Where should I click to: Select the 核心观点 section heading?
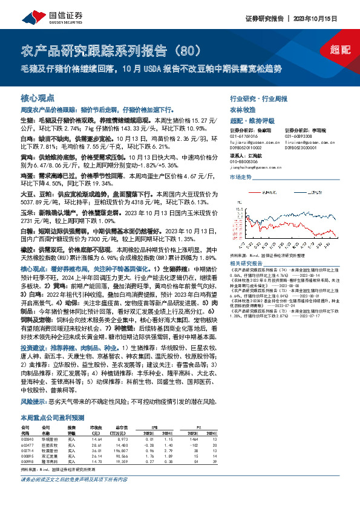[x=38, y=97]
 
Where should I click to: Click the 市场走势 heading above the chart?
[x=241, y=178]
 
